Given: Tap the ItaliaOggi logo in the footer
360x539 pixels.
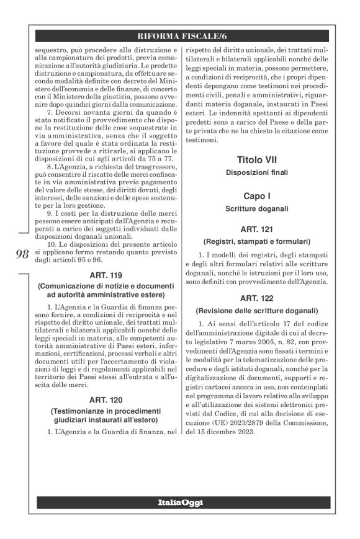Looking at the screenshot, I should (x=179, y=502).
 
